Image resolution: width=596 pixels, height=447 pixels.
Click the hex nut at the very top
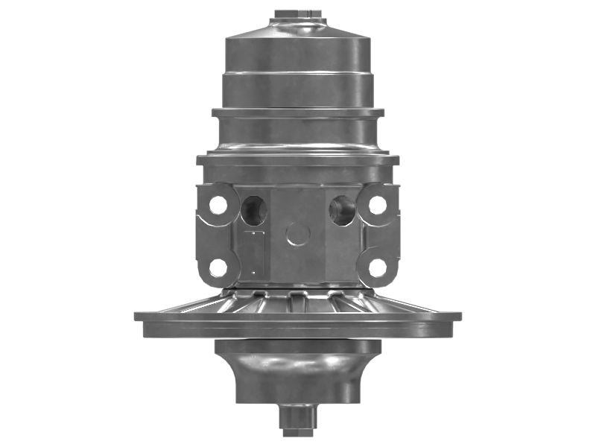tap(298, 14)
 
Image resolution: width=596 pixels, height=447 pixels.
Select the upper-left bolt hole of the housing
tap(218, 204)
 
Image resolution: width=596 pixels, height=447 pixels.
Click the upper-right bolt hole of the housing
tap(378, 204)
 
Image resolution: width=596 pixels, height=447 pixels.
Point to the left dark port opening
tap(254, 210)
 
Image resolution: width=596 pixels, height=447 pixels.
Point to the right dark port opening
tap(342, 210)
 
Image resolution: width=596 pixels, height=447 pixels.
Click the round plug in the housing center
tap(298, 234)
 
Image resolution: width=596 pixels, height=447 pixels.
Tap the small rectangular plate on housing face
tap(254, 253)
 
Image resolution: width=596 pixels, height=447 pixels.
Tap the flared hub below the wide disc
tap(298, 369)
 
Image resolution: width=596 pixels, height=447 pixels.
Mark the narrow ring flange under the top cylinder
tap(298, 112)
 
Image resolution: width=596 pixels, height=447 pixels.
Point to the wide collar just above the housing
tap(298, 159)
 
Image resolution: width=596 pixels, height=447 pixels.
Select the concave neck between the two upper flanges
tap(298, 134)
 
